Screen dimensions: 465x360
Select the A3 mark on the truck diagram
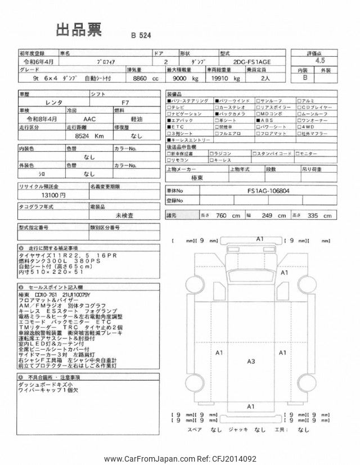(x=251, y=361)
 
